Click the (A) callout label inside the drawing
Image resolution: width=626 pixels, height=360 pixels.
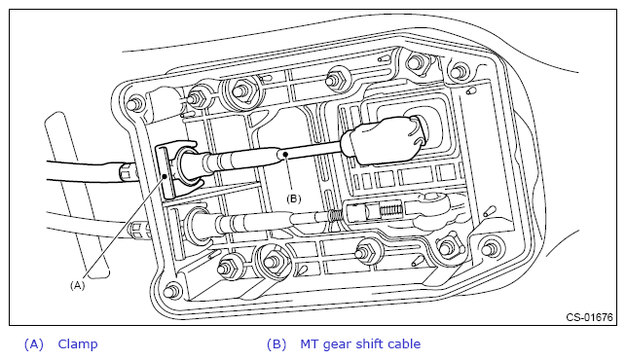78,285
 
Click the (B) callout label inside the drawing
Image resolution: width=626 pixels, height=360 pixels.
294,198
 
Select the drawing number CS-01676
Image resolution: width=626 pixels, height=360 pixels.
589,317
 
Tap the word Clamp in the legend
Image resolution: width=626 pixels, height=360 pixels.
78,344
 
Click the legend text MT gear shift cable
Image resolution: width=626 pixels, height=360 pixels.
360,344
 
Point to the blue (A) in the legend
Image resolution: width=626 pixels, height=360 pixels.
33,344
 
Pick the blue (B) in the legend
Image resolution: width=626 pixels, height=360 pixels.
276,344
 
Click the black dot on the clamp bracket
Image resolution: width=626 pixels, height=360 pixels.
165,175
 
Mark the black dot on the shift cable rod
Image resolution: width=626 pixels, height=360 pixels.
285,154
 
